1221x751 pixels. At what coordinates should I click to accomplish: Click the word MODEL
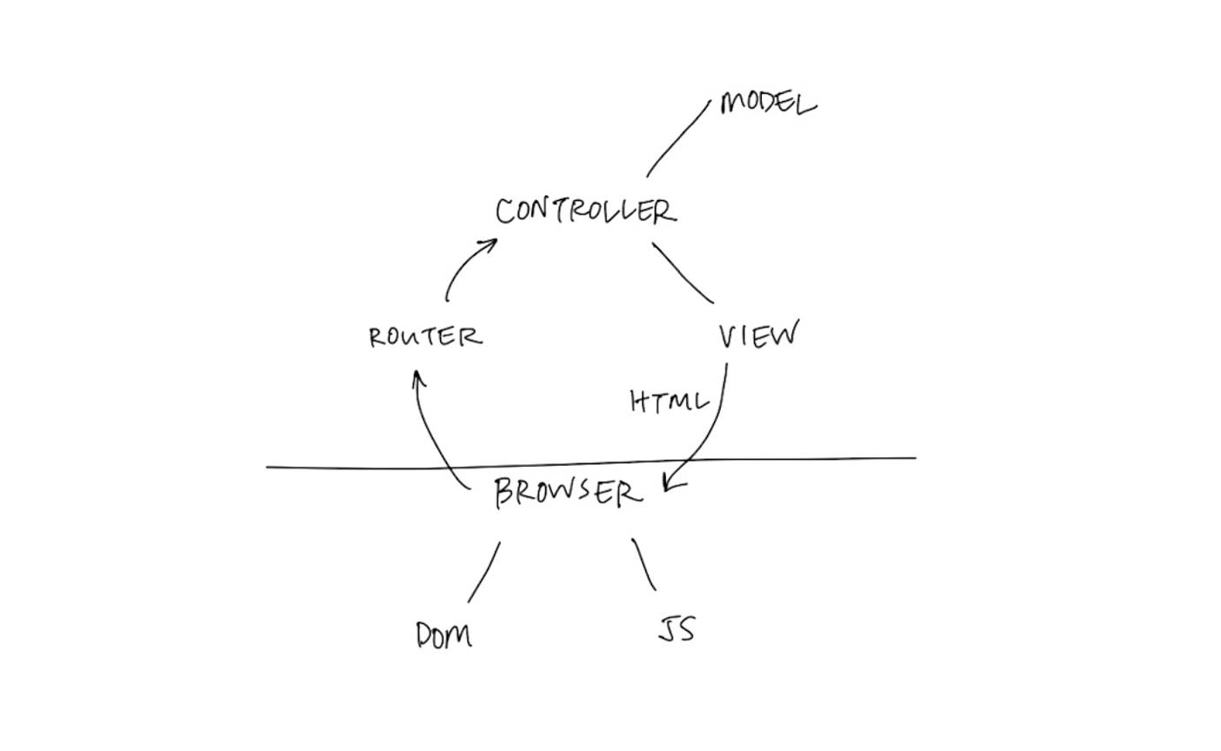pyautogui.click(x=768, y=104)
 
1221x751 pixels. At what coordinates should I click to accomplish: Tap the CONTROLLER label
pyautogui.click(x=584, y=211)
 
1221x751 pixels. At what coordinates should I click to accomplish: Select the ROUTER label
pyautogui.click(x=424, y=336)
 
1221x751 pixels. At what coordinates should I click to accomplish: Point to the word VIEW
pyautogui.click(x=757, y=336)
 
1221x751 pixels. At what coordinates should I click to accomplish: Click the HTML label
pyautogui.click(x=669, y=402)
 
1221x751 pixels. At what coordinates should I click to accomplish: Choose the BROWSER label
pyautogui.click(x=568, y=494)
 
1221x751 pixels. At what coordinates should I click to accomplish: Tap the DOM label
pyautogui.click(x=444, y=635)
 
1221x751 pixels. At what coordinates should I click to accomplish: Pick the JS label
pyautogui.click(x=677, y=628)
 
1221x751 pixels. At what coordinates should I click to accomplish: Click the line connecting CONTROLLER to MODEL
pyautogui.click(x=679, y=138)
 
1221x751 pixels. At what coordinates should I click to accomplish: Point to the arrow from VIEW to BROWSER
pyautogui.click(x=713, y=426)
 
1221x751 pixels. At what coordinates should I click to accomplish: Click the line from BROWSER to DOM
pyautogui.click(x=484, y=572)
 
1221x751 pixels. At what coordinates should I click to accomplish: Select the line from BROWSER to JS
pyautogui.click(x=644, y=564)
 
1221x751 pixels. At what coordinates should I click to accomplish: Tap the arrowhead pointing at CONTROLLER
pyautogui.click(x=490, y=244)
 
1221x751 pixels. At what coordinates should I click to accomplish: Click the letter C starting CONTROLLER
pyautogui.click(x=505, y=211)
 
